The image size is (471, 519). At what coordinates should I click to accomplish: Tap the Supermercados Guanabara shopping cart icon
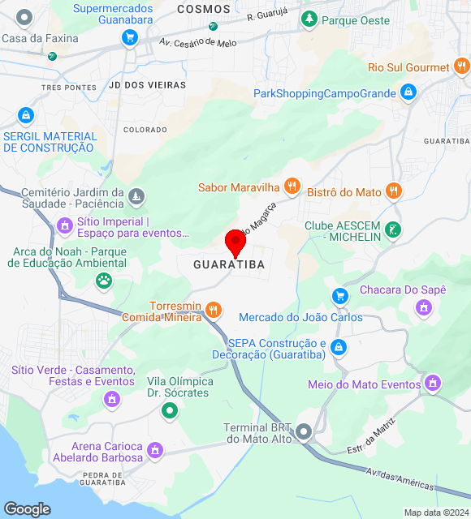128,36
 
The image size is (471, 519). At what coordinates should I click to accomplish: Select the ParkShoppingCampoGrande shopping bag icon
408,93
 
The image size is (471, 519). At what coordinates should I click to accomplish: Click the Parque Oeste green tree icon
309,19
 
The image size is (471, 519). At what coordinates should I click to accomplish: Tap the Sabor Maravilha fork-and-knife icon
292,187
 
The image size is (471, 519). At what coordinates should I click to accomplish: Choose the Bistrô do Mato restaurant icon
394,191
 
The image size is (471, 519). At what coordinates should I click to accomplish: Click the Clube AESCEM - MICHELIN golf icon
393,230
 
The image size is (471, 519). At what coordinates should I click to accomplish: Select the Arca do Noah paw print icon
104,281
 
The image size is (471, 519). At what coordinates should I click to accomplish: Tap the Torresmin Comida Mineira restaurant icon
214,309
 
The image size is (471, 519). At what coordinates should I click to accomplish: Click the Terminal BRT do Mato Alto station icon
305,432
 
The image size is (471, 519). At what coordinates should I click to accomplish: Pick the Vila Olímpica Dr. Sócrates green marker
169,411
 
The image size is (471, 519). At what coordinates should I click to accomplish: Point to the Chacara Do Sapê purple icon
422,307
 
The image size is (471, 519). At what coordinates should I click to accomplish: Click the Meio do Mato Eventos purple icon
434,382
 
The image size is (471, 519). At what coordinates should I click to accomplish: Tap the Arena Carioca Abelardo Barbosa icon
155,450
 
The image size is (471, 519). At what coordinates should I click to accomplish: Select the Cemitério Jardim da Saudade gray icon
137,196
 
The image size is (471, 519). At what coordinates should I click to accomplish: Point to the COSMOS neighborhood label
203,8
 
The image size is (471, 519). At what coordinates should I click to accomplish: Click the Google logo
27,509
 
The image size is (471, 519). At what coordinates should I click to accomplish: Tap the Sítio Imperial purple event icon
65,225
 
